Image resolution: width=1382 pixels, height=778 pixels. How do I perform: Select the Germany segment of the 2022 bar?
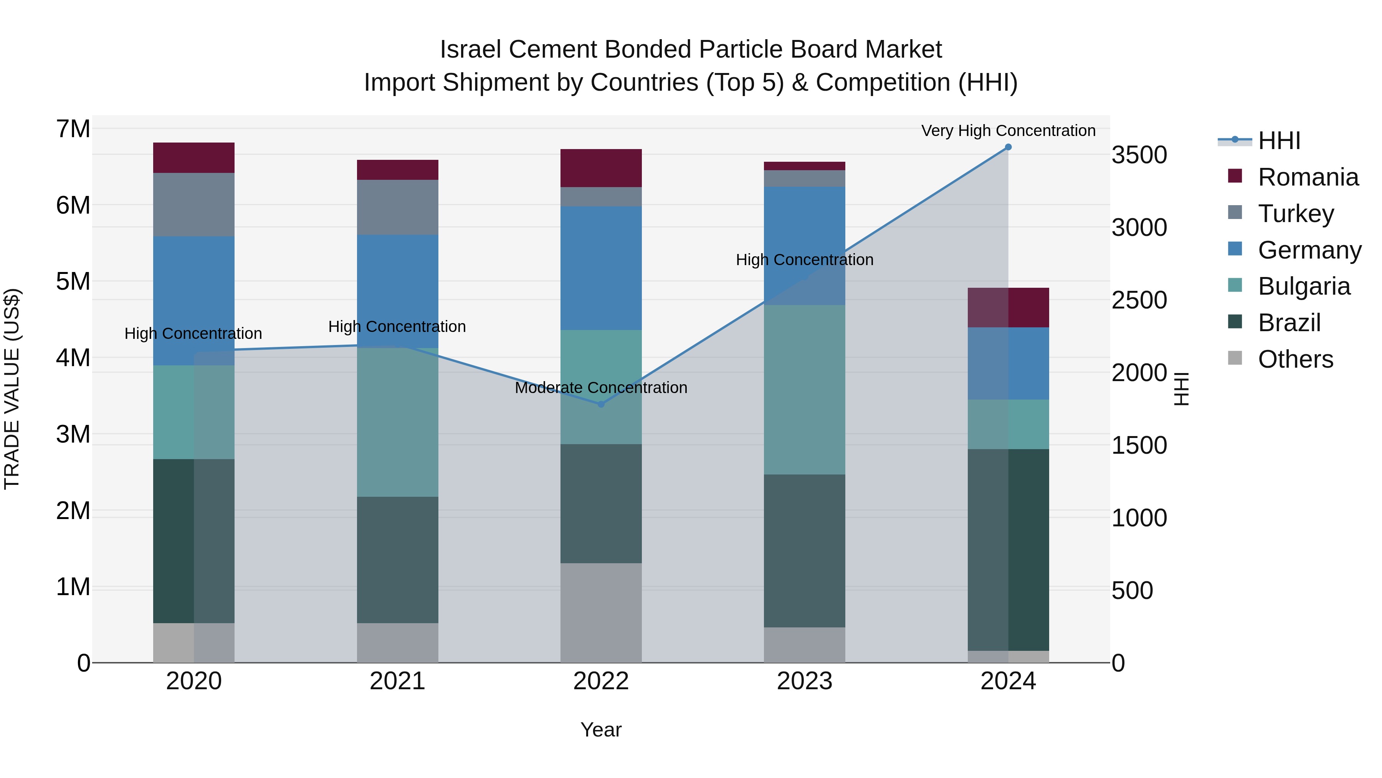point(601,268)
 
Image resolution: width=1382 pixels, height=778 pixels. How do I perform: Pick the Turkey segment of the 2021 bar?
point(398,207)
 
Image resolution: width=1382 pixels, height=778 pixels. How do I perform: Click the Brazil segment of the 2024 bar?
point(1008,549)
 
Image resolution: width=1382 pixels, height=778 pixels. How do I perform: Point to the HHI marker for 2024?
point(1008,147)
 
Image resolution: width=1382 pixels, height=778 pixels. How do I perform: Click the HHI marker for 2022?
point(601,404)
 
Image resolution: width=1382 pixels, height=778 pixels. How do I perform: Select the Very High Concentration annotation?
point(1008,131)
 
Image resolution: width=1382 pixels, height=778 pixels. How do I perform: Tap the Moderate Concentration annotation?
point(601,388)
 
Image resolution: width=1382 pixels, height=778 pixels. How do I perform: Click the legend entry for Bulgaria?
point(1304,286)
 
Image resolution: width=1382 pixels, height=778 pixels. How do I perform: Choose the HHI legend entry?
point(1279,141)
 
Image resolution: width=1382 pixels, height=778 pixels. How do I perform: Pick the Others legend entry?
point(1295,359)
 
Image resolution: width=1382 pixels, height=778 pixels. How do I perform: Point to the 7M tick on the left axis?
point(73,129)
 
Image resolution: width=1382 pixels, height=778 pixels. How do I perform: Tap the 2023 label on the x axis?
point(804,681)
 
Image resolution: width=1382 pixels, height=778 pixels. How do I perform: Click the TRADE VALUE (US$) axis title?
point(12,389)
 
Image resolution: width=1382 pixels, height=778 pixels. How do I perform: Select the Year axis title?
point(601,730)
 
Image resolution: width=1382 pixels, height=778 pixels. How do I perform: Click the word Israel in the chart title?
point(471,50)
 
